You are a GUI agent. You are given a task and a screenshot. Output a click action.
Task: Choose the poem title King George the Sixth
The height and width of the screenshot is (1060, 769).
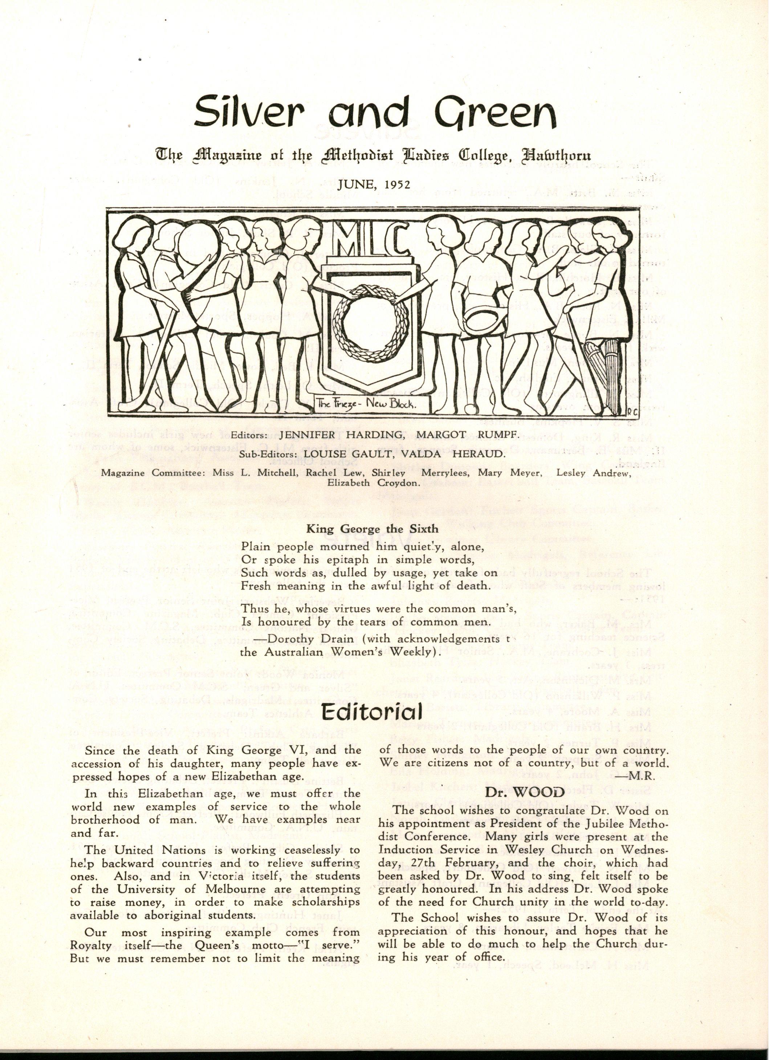point(372,529)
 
